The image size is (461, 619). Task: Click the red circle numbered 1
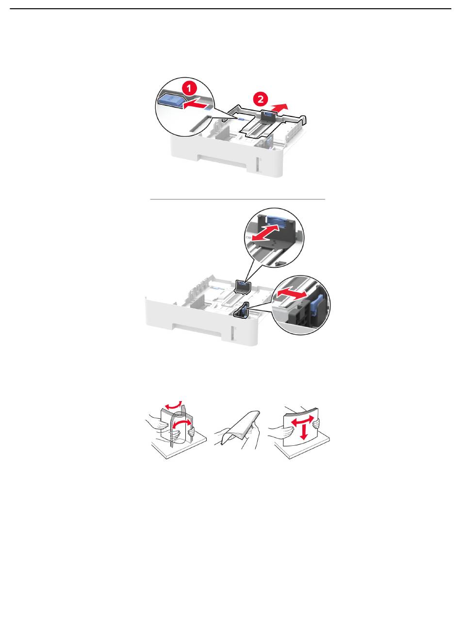(189, 89)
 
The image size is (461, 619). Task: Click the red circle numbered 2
(261, 99)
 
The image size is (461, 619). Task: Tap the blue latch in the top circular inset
(170, 100)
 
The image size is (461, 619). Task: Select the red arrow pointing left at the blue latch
(195, 105)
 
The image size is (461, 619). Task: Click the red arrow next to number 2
(280, 107)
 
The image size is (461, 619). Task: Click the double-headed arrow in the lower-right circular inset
(291, 294)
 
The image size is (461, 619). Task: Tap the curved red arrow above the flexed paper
(173, 404)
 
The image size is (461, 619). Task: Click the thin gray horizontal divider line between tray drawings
(238, 199)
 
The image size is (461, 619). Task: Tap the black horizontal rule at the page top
(230, 9)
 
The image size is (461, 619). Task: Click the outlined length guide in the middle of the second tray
(242, 287)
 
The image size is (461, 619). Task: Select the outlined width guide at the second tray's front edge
(241, 310)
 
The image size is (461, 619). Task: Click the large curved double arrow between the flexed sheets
(182, 425)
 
